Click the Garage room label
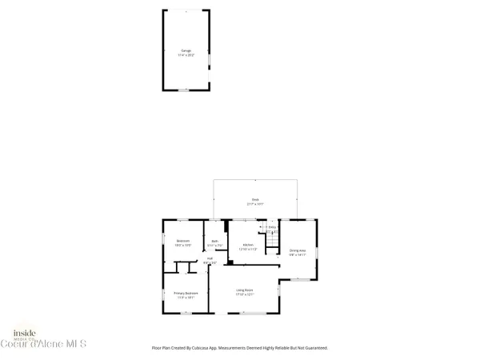click(187, 50)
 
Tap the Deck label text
click(254, 199)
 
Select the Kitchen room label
click(248, 245)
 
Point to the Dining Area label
click(298, 249)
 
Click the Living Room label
click(244, 290)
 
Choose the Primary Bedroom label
click(186, 293)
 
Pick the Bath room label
click(214, 242)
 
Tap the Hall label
click(210, 258)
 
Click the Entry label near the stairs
click(272, 227)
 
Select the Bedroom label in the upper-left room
click(183, 241)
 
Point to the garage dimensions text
click(187, 55)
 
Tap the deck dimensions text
click(254, 204)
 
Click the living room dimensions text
click(244, 294)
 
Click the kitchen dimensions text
click(248, 250)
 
